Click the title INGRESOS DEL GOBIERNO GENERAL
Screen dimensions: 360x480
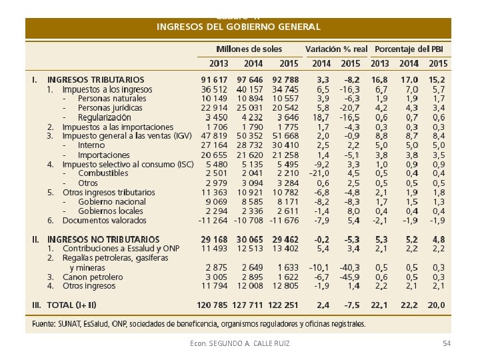(238, 27)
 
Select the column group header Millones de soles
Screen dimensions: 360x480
(249, 49)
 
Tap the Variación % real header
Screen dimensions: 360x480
(336, 49)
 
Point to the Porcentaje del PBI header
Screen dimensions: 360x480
(409, 49)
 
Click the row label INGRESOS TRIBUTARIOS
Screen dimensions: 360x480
(95, 79)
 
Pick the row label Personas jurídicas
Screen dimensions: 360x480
(110, 107)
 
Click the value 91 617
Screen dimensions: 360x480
(214, 79)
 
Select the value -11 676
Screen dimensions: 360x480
(283, 220)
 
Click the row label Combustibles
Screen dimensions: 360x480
(103, 173)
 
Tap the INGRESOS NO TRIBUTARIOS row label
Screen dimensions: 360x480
(103, 239)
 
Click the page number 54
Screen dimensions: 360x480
(447, 343)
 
